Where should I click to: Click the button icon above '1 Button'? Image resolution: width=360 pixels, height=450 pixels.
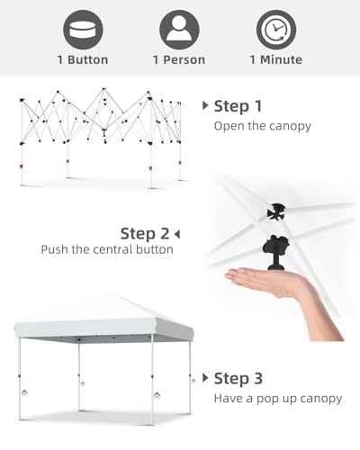coord(83,30)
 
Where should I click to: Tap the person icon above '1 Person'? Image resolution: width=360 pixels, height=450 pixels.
coord(179,30)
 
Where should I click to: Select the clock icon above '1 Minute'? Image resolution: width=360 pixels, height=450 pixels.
coord(276,30)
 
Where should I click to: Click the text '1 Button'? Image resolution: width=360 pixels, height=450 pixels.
coord(83,59)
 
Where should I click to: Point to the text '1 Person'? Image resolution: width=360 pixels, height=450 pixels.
coord(179,59)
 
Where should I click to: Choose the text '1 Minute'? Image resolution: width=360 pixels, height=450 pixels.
coord(276,59)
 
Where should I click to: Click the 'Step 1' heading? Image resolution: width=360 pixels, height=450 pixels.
coord(238,106)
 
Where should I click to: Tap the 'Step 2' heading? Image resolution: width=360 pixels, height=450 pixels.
coord(145,234)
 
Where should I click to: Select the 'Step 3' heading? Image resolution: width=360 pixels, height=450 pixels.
coord(238,378)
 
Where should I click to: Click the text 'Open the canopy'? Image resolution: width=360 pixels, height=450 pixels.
coord(263,126)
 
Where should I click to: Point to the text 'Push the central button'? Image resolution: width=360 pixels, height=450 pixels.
coord(107,249)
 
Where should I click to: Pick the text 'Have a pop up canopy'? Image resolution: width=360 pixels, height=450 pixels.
coord(278,399)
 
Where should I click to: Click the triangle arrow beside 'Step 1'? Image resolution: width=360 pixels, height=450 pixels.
coord(205,105)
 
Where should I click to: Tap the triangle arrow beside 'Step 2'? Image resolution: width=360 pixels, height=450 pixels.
coord(177,234)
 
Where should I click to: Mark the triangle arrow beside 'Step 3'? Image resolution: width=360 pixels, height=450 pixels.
coord(205,378)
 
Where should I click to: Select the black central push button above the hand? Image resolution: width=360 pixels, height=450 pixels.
coord(275,253)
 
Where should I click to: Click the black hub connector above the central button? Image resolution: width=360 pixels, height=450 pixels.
coord(276,211)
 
